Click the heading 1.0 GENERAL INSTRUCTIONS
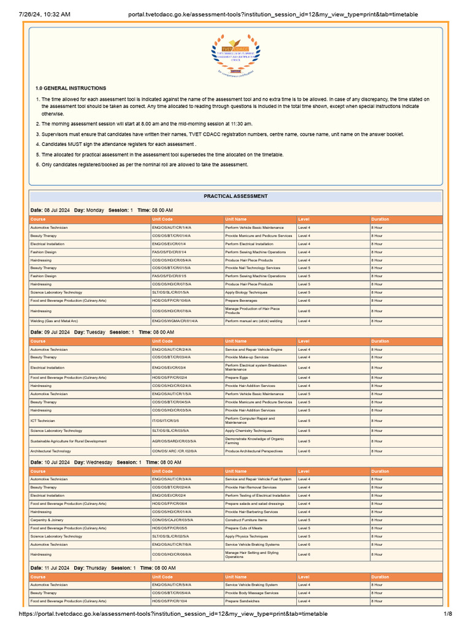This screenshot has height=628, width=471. [x=71, y=88]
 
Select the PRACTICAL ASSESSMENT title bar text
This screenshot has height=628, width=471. [x=235, y=196]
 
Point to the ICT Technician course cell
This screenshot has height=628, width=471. [x=42, y=421]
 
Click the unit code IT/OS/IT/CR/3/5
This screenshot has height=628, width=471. [x=166, y=421]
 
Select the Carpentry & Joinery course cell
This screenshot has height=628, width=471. [x=47, y=519]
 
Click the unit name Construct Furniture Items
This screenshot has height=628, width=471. [x=246, y=519]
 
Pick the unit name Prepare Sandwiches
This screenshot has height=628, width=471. [x=242, y=601]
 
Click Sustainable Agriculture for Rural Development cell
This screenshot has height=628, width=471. [x=68, y=441]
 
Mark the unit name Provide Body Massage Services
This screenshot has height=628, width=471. [x=251, y=593]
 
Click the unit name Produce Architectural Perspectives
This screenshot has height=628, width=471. [x=254, y=451]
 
